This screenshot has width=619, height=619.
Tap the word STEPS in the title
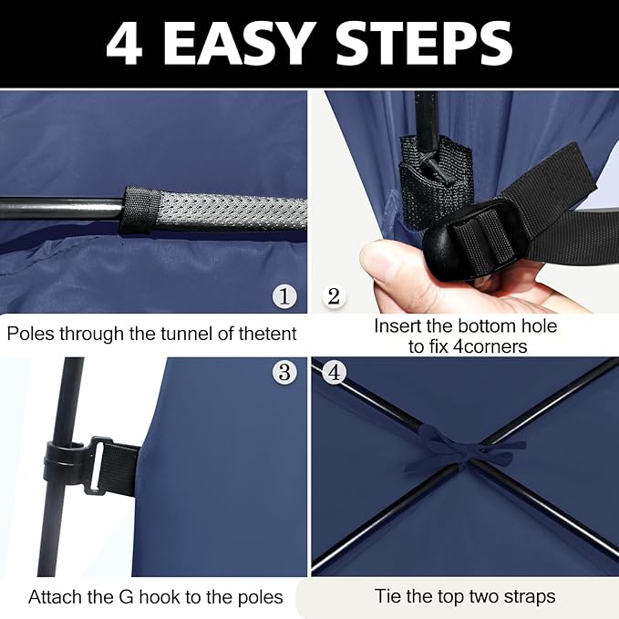424,43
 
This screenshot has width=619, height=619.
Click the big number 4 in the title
124,44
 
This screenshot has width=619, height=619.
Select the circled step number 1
284,296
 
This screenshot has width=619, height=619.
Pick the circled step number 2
334,296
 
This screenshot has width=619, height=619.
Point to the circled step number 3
284,371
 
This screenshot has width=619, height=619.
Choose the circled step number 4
334,371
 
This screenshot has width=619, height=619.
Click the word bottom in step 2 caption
487,326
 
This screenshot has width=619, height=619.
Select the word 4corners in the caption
490,346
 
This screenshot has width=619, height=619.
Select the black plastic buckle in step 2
476,240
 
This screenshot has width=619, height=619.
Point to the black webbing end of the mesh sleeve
141,211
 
